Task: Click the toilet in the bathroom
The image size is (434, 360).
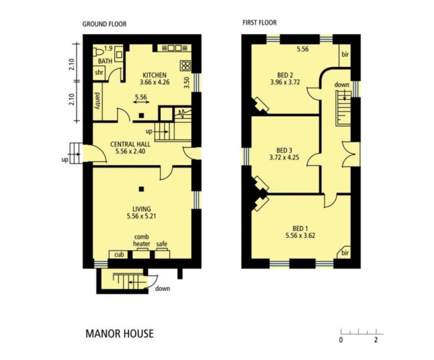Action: tap(98, 52)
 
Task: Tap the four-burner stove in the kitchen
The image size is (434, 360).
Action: tap(185, 66)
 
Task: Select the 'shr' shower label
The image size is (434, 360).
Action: tap(99, 72)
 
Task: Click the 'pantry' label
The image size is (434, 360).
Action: tap(97, 101)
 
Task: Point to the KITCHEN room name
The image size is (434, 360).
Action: tap(154, 75)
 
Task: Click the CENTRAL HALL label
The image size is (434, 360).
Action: tap(130, 144)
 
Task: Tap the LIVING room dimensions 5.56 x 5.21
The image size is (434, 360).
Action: tap(141, 216)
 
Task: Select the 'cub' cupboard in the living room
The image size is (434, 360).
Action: tap(119, 255)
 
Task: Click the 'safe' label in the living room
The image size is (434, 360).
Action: tap(161, 244)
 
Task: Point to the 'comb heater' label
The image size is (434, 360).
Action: tap(141, 240)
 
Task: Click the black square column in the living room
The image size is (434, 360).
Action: tap(141, 189)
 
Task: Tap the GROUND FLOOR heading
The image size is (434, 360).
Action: tap(104, 24)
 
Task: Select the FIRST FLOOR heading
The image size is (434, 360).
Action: tap(260, 22)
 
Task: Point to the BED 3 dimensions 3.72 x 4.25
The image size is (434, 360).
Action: tap(284, 157)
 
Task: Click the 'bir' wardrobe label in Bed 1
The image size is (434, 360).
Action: tap(345, 253)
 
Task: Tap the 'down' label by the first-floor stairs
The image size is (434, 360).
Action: tap(342, 85)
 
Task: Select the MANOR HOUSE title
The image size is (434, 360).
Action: tap(120, 334)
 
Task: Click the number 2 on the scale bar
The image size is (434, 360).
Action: tap(376, 340)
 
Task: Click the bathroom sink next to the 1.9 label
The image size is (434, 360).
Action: tap(119, 55)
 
